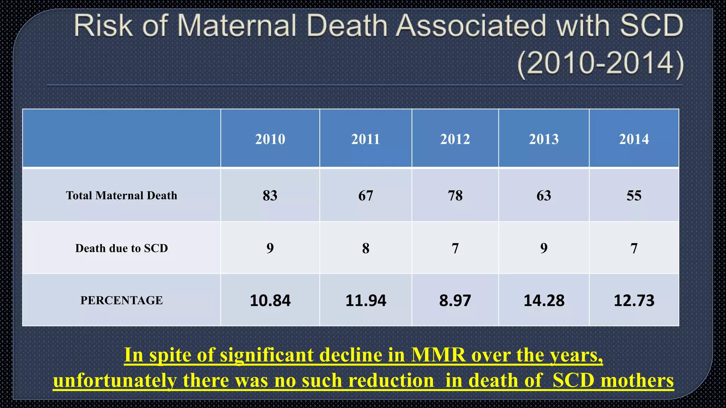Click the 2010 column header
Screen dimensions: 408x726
point(270,139)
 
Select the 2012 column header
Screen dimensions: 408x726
point(455,139)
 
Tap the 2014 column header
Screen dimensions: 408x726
point(634,139)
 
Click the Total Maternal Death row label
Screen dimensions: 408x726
point(122,195)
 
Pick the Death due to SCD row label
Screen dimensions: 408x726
point(122,248)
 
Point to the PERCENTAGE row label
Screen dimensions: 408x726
point(122,300)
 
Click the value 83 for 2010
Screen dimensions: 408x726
point(270,195)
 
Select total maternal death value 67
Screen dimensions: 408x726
point(366,195)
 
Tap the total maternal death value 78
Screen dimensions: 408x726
point(455,195)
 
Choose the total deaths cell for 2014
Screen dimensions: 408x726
point(634,195)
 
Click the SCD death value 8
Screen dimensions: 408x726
point(366,248)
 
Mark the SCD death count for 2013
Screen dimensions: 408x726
point(544,248)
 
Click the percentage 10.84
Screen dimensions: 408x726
point(270,300)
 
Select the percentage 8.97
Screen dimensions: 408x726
point(455,300)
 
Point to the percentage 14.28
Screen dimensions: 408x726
point(544,300)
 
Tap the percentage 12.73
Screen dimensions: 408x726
point(634,300)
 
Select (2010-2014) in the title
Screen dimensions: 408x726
point(600,63)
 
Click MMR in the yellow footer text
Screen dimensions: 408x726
point(438,355)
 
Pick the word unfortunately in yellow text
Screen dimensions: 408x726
point(115,380)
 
